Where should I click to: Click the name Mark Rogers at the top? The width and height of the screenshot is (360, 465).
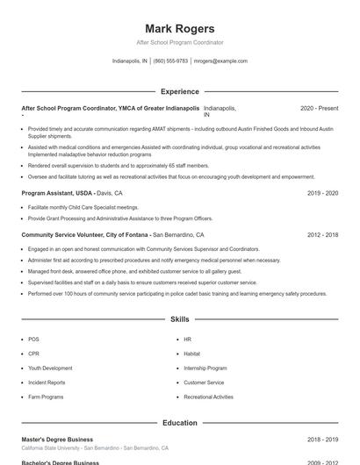coord(179,28)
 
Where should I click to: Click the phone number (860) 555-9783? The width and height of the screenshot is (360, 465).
coord(170,61)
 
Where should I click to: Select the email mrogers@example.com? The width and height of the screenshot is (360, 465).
coord(220,61)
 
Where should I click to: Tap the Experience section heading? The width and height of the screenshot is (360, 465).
coord(180,91)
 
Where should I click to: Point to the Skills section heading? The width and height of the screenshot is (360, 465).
coord(180,319)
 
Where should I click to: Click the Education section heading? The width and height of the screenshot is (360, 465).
coord(180,423)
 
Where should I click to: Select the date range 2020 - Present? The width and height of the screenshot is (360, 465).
coord(319,108)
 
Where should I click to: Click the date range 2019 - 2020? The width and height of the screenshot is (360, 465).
coord(322,192)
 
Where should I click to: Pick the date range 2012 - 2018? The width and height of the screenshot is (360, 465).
coord(322,235)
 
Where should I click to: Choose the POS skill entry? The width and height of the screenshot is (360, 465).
coord(33,339)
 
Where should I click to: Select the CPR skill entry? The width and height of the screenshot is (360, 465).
coord(33,354)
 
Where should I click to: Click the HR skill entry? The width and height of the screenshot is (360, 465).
coord(187,339)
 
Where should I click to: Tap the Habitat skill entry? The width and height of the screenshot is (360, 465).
coord(191,354)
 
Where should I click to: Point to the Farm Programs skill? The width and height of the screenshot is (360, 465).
coord(46,397)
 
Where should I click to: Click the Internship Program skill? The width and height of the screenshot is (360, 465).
coord(205,368)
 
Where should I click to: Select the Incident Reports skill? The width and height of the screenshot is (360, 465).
coord(47,383)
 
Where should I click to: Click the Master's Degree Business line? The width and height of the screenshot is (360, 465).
coord(57,440)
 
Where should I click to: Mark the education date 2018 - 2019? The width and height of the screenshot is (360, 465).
coord(322,440)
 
